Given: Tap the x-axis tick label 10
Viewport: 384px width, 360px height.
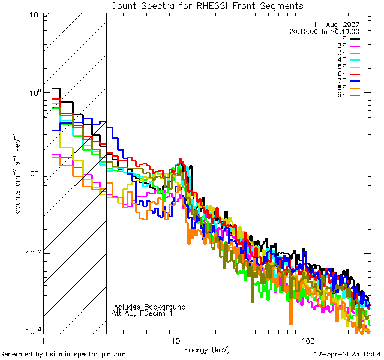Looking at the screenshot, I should tap(176, 340).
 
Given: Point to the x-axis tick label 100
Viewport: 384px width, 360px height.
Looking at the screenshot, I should tap(307, 340).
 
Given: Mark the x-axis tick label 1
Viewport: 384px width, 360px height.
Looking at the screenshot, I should tap(43, 340).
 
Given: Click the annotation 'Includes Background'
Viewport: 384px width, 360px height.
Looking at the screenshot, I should tap(149, 307).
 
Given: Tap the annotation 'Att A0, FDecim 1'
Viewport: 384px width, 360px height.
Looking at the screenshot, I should tap(142, 313).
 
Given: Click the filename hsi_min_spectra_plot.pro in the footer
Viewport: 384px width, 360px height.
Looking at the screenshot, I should tap(86, 354).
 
